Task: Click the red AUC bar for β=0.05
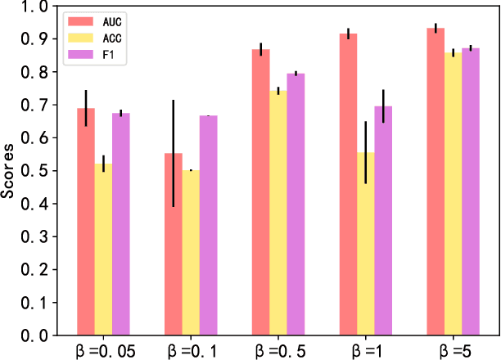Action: pos(86,221)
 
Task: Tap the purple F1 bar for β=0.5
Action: pos(296,204)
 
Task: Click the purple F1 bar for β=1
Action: pos(383,220)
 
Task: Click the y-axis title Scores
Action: pos(9,171)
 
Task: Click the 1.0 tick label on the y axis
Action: pos(35,7)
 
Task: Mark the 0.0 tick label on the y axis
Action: pos(35,335)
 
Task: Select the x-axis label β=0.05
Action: pos(104,350)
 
